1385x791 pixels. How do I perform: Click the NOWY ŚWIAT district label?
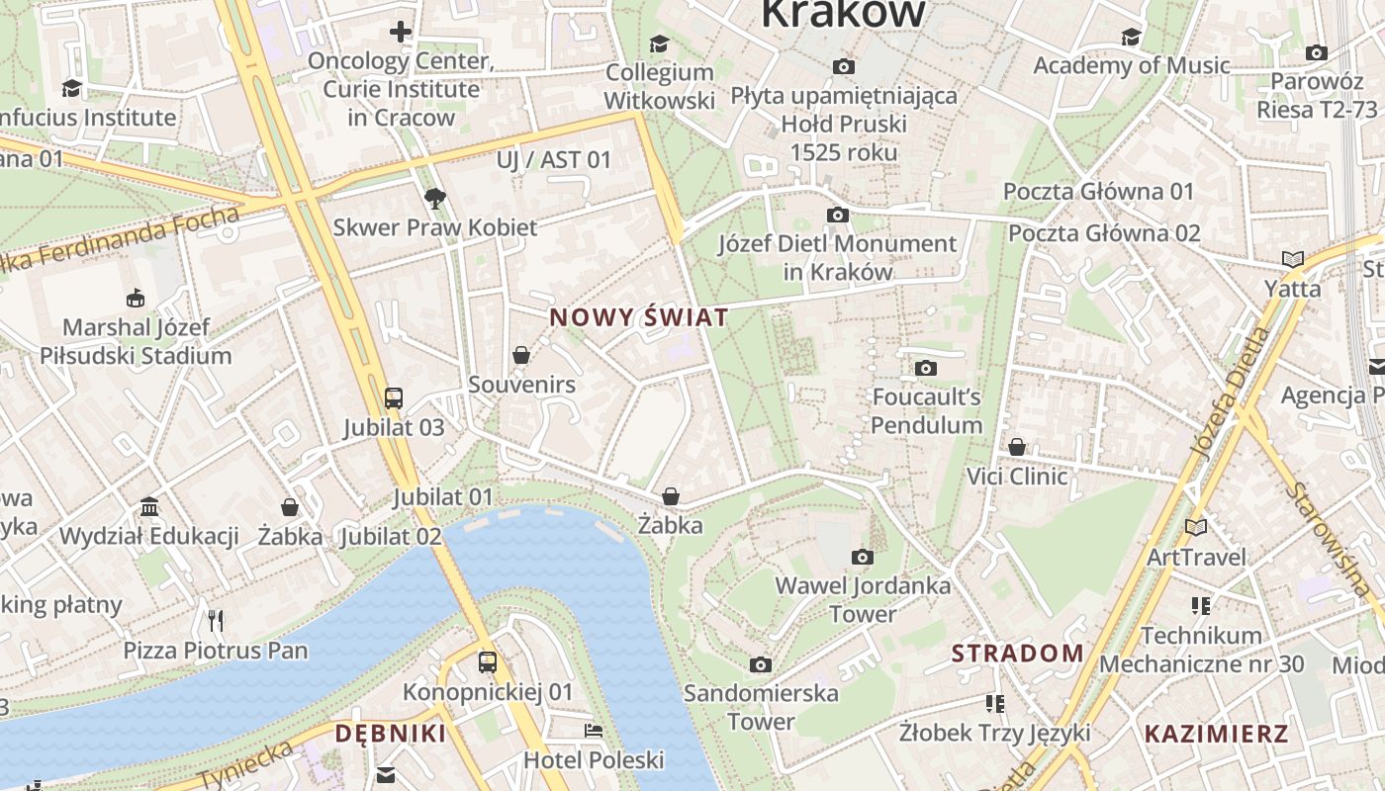[638, 317]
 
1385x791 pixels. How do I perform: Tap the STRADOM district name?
[1018, 653]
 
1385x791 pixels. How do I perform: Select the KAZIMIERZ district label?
[1216, 734]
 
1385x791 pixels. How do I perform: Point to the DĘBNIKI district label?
[390, 733]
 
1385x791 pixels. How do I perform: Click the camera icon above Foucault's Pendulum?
[926, 369]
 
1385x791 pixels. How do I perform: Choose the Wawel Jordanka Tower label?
[863, 599]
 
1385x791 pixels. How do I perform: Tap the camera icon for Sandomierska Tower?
[760, 664]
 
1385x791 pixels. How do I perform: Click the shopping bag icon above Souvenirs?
[521, 355]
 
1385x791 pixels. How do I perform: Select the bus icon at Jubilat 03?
[394, 398]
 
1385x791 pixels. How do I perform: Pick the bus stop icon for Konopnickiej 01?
[487, 661]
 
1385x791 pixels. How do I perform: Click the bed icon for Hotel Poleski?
[594, 731]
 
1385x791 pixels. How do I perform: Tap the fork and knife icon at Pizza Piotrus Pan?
[216, 620]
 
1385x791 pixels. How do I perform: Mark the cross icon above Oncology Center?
[401, 32]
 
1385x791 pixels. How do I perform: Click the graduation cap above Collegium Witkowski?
[659, 44]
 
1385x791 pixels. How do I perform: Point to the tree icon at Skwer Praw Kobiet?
[434, 199]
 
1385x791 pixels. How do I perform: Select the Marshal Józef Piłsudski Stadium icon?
[135, 298]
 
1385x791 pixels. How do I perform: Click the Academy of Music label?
[1132, 65]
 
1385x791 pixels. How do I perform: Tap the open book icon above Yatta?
[1292, 259]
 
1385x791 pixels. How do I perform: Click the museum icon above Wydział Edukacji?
[149, 507]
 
